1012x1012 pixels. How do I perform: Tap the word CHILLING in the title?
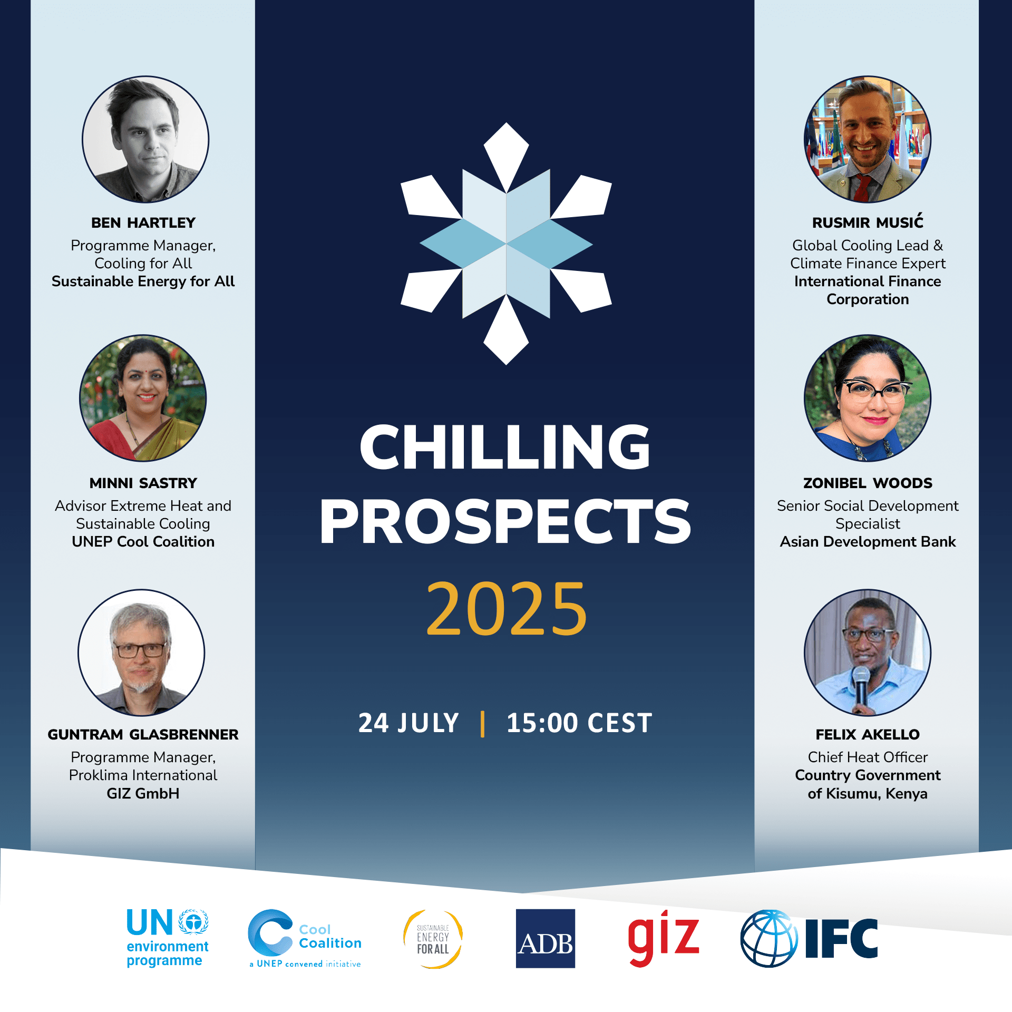(505, 446)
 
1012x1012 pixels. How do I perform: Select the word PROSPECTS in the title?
(505, 521)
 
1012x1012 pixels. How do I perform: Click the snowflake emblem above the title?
(506, 244)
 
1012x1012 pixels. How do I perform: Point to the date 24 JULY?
(408, 723)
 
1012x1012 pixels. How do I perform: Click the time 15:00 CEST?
(579, 723)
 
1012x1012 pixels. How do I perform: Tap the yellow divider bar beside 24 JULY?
(483, 723)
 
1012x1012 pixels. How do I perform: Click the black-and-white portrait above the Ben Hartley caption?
(145, 139)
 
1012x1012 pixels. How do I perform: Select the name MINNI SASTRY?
(143, 483)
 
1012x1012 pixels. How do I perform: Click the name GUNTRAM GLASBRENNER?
(143, 734)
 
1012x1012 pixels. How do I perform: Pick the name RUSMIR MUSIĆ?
(868, 222)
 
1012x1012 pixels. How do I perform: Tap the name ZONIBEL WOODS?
(868, 483)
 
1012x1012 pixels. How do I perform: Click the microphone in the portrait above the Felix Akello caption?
(861, 685)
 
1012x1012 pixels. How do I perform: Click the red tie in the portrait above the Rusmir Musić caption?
(862, 188)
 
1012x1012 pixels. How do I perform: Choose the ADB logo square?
(546, 938)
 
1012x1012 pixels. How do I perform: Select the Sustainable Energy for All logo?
(433, 939)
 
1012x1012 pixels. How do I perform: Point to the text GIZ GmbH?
(143, 793)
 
